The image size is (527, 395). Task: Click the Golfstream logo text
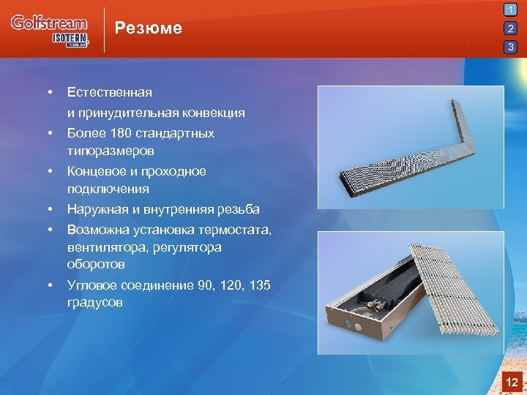[x=48, y=23]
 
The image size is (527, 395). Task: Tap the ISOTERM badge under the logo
[x=70, y=39]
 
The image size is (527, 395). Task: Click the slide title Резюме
[x=149, y=29]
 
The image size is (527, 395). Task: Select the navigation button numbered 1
[x=511, y=11]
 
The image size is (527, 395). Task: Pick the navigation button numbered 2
[x=511, y=29]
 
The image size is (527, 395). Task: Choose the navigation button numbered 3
[x=511, y=48]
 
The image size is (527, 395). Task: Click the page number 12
[x=512, y=382]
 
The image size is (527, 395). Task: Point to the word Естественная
[x=110, y=92]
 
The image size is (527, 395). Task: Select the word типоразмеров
[x=111, y=151]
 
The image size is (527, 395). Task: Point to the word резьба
[x=239, y=209]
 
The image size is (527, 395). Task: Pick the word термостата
[x=239, y=230]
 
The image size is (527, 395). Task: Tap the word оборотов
[x=95, y=264]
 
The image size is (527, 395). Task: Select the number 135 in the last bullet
[x=260, y=285]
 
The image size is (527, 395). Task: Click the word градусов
[x=94, y=303]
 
